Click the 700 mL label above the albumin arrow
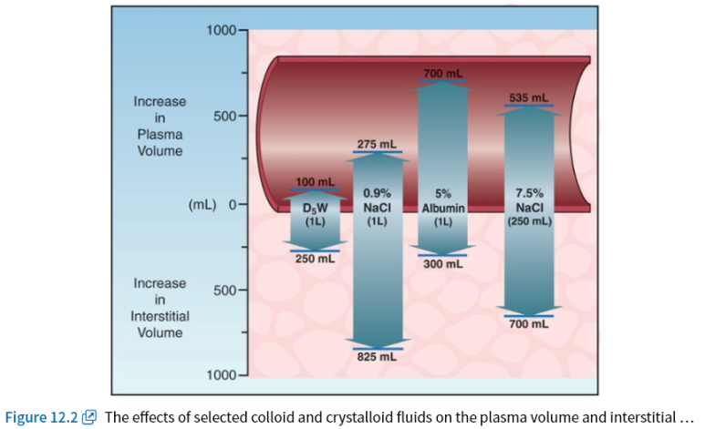[442, 73]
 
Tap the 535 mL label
[528, 97]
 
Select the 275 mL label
[376, 144]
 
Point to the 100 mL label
[315, 183]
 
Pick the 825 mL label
[376, 357]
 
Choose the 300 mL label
[442, 264]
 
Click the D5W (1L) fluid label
[315, 213]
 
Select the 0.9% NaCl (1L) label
[377, 207]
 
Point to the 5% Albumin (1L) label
[443, 207]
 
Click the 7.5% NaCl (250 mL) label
[529, 207]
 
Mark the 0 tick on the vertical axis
[233, 204]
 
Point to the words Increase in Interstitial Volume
[160, 308]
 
